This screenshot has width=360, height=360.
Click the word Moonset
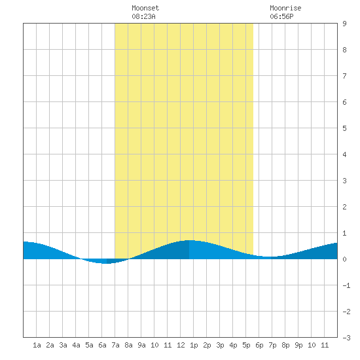[145, 9]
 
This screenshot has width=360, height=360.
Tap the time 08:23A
[143, 16]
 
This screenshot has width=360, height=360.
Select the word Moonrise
[285, 9]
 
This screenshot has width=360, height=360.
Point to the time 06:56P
[281, 16]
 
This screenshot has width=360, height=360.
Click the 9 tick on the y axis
[344, 24]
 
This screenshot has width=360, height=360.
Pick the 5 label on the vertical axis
[344, 128]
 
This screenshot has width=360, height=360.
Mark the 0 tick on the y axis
[344, 259]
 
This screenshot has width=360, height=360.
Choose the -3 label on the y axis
[346, 338]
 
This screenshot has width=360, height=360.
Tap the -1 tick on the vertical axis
[346, 285]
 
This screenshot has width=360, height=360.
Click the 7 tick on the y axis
[344, 76]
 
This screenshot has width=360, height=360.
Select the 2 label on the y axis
[344, 207]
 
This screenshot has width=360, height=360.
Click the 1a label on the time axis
[37, 345]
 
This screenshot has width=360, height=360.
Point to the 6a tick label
[102, 345]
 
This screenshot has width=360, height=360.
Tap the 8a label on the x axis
[128, 345]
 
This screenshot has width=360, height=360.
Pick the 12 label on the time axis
[181, 345]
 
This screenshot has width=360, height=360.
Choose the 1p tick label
[194, 345]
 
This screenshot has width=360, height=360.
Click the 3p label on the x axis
[220, 345]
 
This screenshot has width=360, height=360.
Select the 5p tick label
[246, 345]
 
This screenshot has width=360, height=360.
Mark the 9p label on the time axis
[298, 345]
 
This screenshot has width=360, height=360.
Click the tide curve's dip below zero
[105, 261]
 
